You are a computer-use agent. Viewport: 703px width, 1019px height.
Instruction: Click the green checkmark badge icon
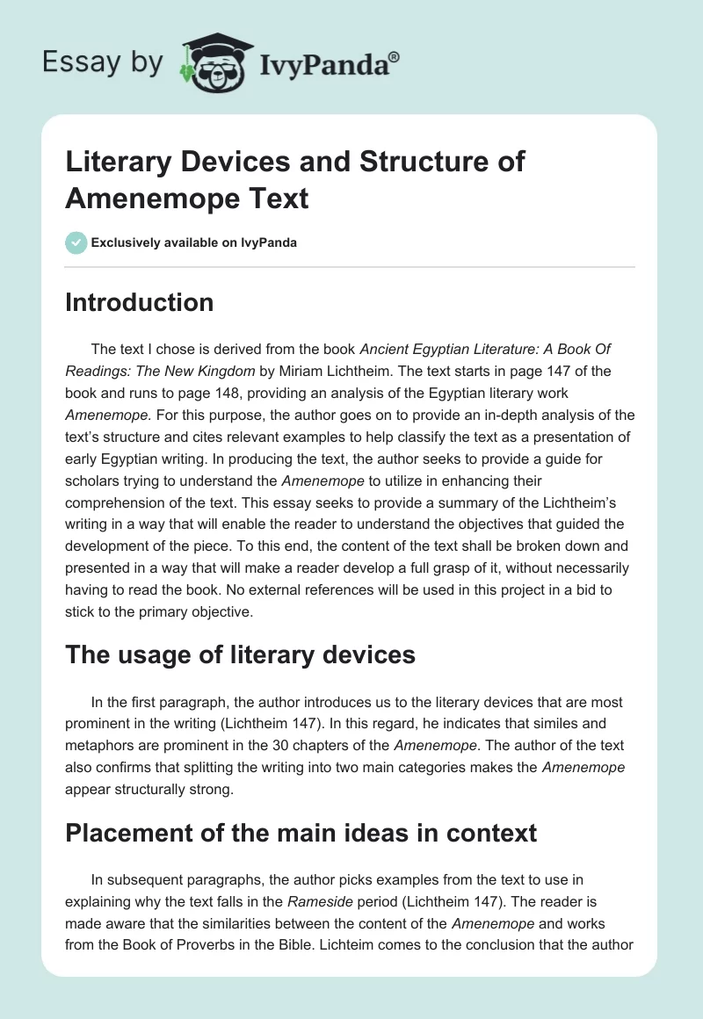tap(76, 242)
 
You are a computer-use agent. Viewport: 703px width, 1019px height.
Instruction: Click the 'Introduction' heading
tap(140, 302)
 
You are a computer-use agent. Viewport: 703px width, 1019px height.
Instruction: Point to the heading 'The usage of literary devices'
tap(239, 654)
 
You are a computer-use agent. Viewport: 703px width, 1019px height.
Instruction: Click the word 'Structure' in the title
tap(415, 162)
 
